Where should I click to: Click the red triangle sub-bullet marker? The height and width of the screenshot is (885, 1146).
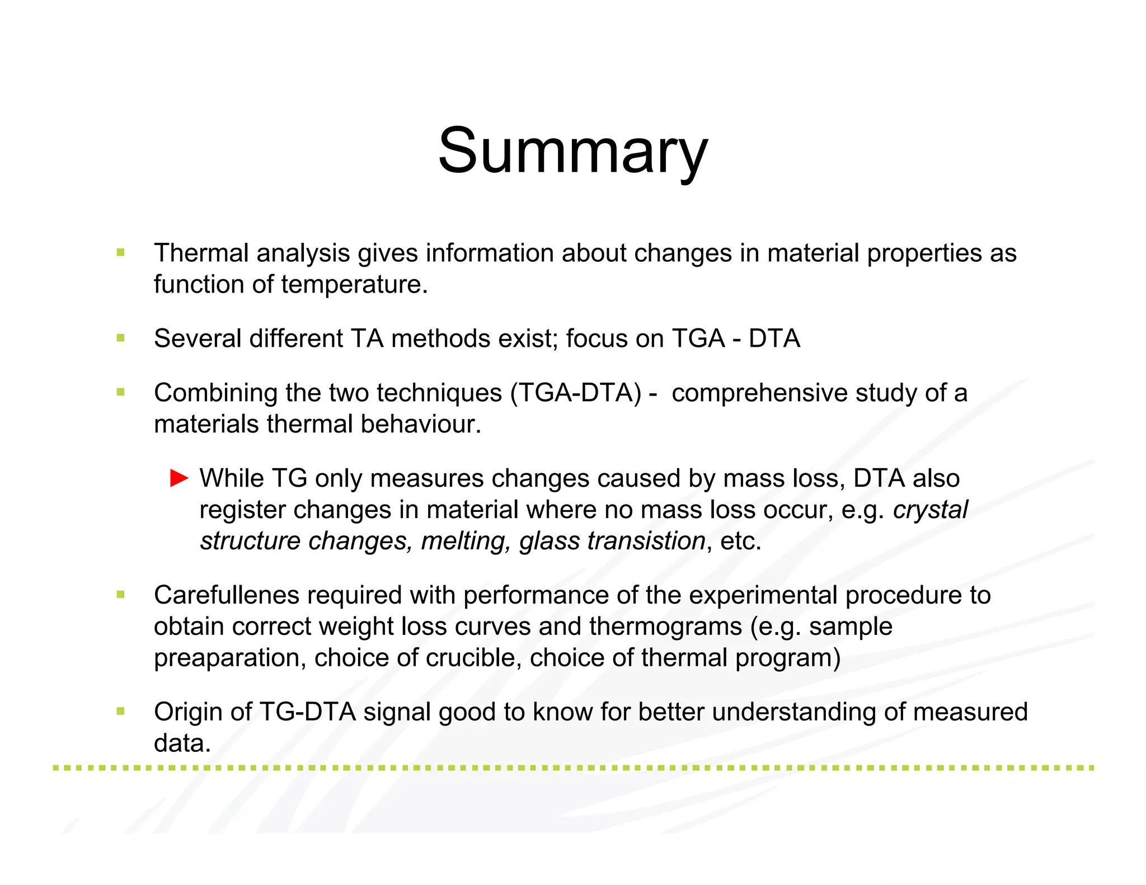point(179,478)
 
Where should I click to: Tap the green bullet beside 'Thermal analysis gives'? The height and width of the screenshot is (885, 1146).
point(120,252)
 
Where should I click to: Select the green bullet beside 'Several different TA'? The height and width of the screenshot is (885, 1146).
point(120,338)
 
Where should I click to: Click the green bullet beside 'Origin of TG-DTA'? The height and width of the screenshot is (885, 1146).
point(120,711)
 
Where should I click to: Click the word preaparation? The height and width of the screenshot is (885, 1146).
point(230,658)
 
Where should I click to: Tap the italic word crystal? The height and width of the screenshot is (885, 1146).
point(930,510)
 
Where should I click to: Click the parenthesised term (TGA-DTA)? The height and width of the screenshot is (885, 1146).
point(575,393)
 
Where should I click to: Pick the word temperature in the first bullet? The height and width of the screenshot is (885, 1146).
point(354,284)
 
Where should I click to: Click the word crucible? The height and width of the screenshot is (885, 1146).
point(473,658)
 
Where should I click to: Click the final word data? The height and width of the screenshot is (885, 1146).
point(182,743)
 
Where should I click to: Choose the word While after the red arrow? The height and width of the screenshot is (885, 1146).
point(232,478)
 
